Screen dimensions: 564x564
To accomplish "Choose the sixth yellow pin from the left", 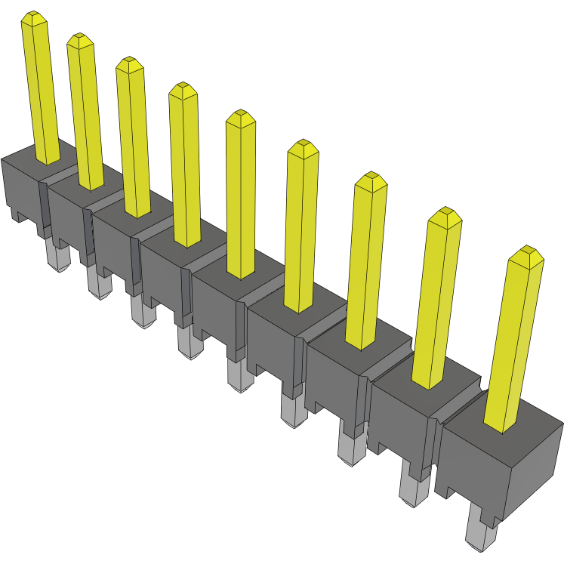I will tap(302, 227).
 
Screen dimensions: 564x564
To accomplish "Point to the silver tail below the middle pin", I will tap(239, 374).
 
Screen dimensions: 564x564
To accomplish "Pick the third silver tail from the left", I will tap(140, 310).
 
